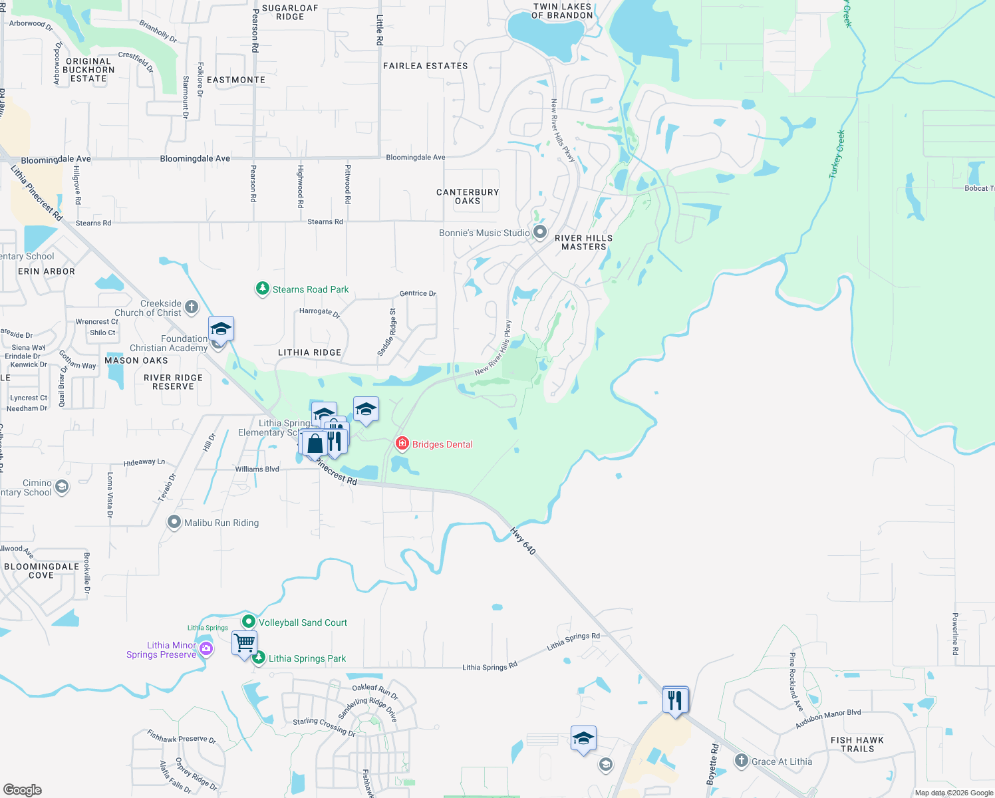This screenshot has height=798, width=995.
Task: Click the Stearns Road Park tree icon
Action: tap(263, 289)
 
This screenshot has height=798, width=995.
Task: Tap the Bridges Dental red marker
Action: tap(402, 444)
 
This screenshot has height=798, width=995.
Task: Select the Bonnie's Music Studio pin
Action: tap(540, 232)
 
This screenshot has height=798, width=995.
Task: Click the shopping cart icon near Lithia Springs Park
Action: tap(244, 643)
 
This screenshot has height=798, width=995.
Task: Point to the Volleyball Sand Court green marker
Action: tap(249, 622)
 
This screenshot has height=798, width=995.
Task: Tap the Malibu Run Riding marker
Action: tap(174, 522)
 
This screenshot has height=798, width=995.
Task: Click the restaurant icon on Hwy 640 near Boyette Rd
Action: tap(675, 700)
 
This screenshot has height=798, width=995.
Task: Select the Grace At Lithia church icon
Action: tap(742, 761)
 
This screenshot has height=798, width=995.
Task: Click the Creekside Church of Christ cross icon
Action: tap(192, 307)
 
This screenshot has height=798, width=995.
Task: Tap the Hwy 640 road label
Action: tap(523, 541)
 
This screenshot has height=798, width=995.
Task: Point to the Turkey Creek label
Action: tap(837, 154)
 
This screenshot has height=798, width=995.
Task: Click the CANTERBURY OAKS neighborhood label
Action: tap(468, 196)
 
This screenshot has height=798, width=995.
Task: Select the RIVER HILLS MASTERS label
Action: tap(583, 242)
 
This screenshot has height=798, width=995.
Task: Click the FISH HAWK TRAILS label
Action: tap(857, 744)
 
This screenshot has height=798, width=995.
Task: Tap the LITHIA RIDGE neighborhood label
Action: tap(309, 352)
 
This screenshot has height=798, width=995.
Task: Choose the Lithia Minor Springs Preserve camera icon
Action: tap(206, 649)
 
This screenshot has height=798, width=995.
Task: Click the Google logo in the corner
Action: tap(23, 789)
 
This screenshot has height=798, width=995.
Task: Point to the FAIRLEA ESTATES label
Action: tap(425, 66)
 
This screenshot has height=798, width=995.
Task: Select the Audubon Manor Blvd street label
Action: tap(828, 718)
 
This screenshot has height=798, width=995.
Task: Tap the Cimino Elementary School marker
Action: tap(62, 487)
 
